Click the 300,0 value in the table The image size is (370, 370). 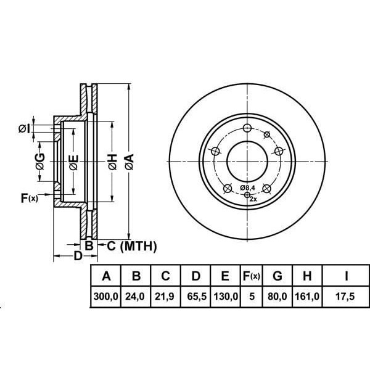coord(105,297)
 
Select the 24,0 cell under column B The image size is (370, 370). coord(135,297)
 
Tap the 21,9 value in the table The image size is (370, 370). coord(164,297)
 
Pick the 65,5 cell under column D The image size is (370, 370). coord(197,297)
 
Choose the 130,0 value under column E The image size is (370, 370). coord(226,297)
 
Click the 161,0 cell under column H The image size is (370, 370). coord(307,297)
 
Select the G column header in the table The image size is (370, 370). coord(277,276)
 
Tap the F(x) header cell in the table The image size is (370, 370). coord(252,276)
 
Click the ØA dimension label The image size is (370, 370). coord(129,162)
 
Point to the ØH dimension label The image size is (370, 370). coord(113,162)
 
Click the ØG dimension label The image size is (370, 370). coord(40,162)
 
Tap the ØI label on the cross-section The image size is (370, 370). coord(24,129)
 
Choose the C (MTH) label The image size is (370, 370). coord(132,246)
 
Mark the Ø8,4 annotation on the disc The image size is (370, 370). coord(248,188)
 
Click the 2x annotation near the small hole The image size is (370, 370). coord(253,199)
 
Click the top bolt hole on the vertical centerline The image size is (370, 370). coord(247,129)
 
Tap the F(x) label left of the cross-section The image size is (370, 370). coord(30,198)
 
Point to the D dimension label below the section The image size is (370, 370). coord(78,256)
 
